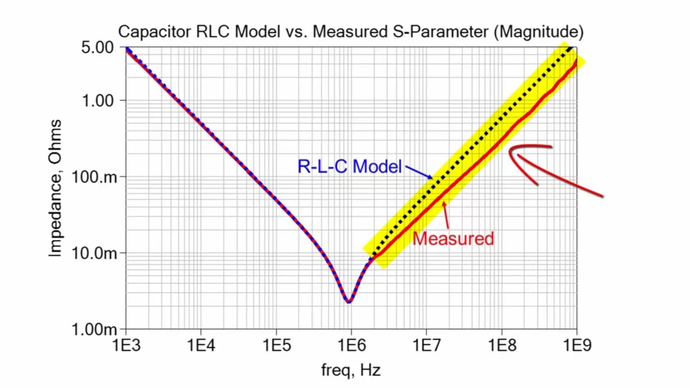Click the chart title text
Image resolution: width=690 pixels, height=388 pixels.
coord(351,32)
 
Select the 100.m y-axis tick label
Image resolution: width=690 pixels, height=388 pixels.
coord(95,177)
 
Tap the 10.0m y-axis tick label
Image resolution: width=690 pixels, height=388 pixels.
coord(95,253)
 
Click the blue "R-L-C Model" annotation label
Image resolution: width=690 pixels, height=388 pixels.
coord(349,167)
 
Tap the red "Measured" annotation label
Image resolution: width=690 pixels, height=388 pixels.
coord(454,238)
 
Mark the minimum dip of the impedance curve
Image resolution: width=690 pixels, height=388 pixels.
coord(349,301)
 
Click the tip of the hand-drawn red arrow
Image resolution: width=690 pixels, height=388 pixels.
coord(511,151)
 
